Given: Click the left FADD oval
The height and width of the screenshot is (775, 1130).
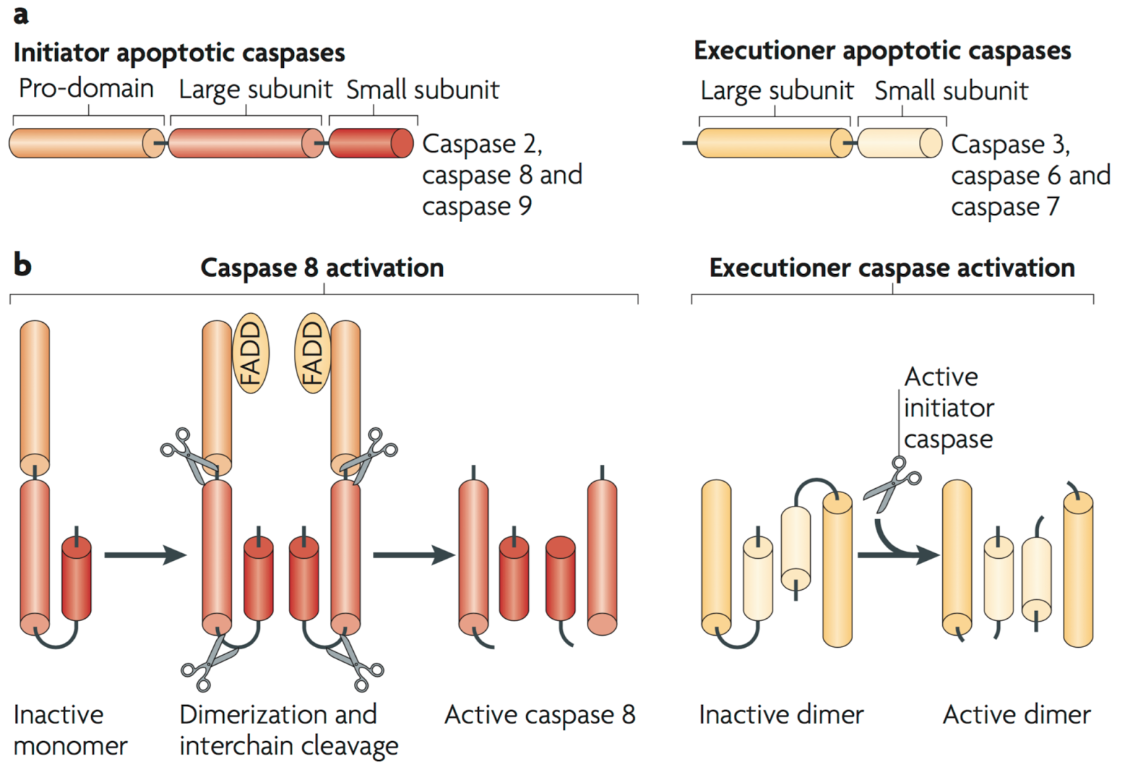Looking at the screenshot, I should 251,353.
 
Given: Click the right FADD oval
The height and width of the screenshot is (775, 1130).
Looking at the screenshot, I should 311,353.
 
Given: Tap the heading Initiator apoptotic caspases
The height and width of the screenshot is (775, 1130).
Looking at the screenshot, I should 179,53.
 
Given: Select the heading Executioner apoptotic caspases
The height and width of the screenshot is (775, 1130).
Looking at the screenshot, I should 882,51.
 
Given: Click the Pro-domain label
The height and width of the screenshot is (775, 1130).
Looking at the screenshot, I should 86,88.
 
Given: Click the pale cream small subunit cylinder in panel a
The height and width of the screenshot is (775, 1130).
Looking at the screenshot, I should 898,143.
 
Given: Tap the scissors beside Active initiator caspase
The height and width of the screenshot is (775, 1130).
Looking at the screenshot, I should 891,485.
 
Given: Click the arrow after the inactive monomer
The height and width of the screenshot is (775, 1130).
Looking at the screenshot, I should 145,555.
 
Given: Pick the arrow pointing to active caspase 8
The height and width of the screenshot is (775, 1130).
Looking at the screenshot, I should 413,555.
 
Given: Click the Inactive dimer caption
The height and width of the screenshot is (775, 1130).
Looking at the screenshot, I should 781,714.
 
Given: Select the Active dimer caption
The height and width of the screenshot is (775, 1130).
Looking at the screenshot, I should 1016,714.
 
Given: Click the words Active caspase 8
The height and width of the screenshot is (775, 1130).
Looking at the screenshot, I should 540,714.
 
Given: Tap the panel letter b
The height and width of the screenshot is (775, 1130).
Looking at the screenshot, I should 22,265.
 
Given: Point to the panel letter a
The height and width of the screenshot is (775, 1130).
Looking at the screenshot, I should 21,14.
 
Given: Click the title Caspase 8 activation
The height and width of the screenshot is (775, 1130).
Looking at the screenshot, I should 322,268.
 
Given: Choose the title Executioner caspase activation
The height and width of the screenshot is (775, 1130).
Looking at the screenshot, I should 892,268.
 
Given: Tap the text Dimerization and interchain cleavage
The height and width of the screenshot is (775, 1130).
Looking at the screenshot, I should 288,730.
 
